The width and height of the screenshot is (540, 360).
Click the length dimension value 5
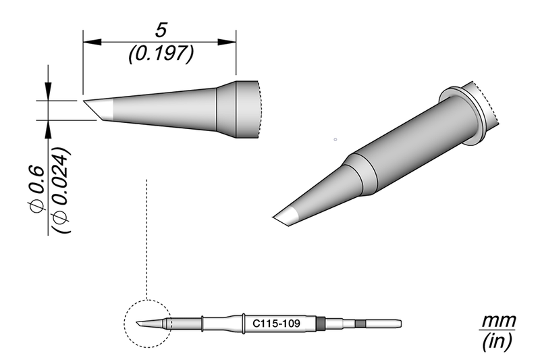pyautogui.click(x=160, y=30)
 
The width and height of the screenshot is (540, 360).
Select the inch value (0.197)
pyautogui.click(x=160, y=52)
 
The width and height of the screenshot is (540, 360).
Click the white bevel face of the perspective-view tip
pyautogui.click(x=289, y=217)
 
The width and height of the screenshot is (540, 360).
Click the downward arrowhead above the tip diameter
pyautogui.click(x=49, y=93)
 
